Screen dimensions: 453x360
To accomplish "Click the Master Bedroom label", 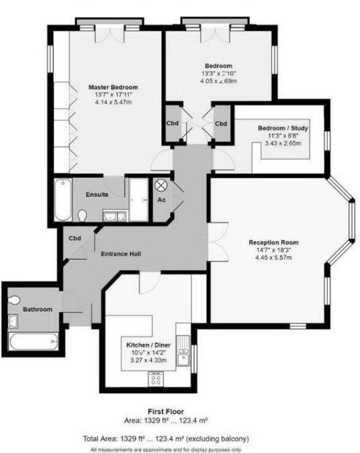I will (114, 87).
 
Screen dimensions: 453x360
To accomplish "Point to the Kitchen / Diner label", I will (148, 344).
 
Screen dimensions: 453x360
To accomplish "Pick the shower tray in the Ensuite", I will (140, 200).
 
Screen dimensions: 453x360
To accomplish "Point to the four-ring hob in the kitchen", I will (156, 379).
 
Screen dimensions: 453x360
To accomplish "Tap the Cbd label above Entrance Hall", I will (75, 238).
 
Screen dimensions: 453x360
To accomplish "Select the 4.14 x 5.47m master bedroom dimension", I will (114, 104).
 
